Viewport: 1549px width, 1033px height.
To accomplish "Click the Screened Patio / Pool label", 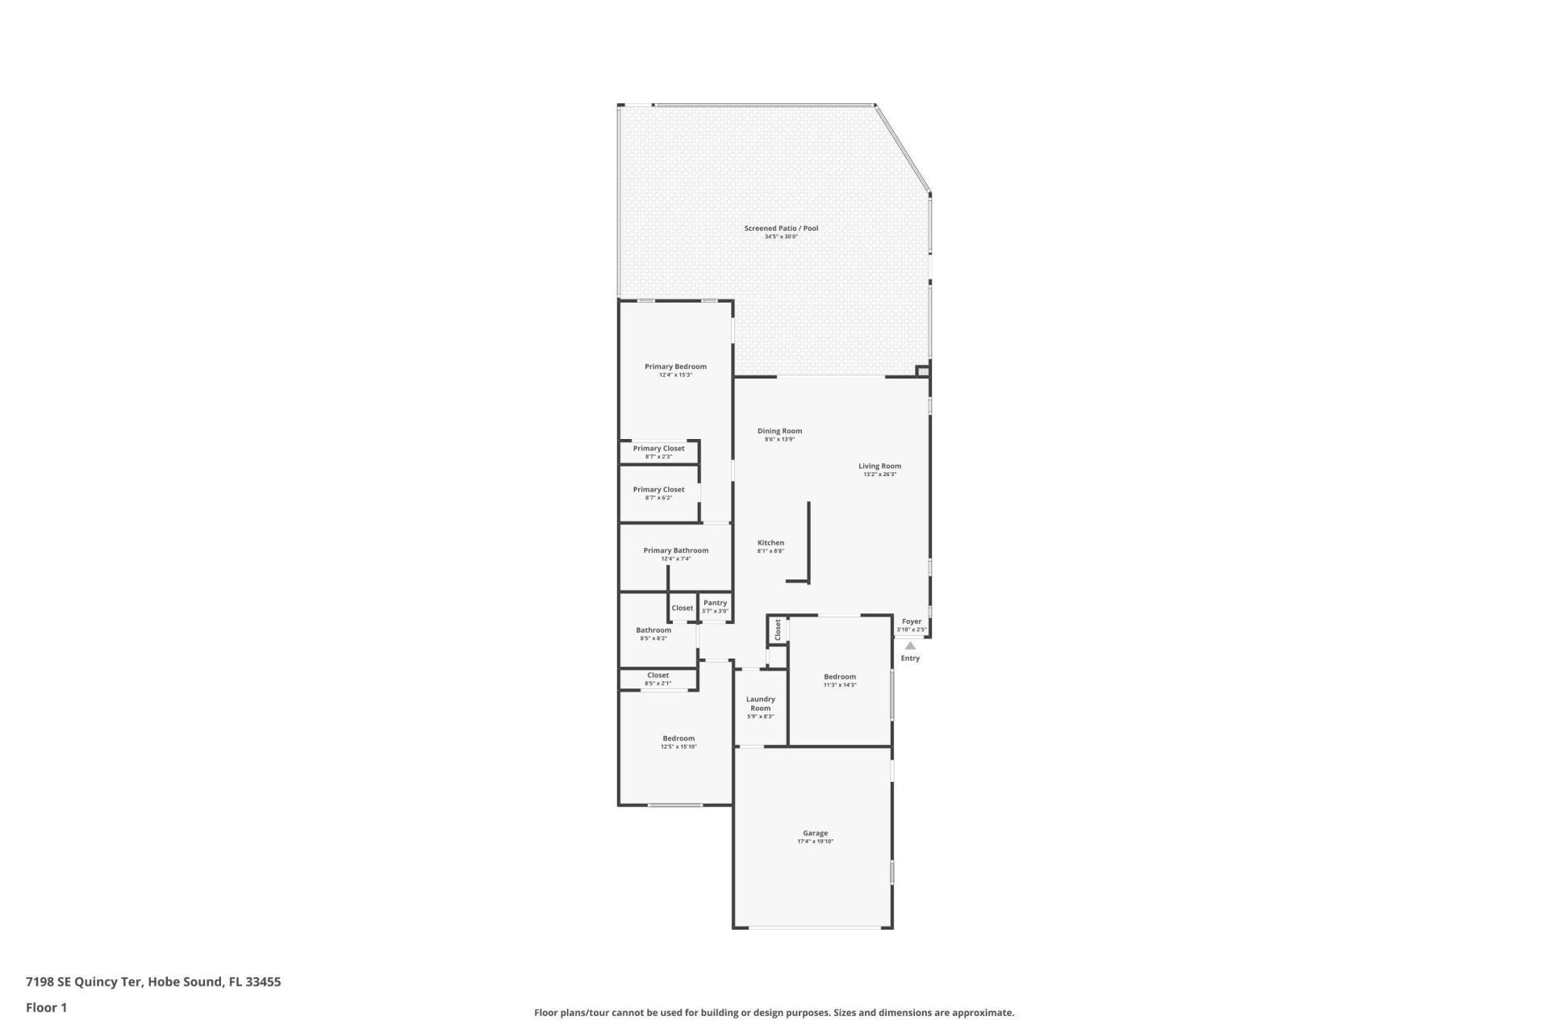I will click(780, 228).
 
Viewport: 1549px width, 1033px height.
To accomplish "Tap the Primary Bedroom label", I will click(675, 366).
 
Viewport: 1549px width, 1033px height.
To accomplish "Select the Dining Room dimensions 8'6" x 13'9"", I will click(779, 440).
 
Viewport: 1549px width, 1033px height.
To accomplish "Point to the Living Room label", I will click(879, 466).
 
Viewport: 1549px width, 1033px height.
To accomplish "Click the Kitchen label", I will click(770, 542).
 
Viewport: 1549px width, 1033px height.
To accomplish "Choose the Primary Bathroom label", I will click(675, 550).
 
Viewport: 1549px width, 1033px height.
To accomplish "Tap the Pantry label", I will click(715, 603).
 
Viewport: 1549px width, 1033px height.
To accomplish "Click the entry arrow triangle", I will click(910, 645).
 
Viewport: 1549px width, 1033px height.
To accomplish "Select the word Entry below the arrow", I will click(910, 659).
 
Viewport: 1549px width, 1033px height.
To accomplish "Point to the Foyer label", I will click(912, 621).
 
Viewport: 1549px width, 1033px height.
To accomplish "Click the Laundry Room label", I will click(760, 704).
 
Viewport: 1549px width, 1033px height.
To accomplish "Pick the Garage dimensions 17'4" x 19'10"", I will click(815, 842).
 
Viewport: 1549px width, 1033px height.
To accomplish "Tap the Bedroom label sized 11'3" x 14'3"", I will click(839, 676).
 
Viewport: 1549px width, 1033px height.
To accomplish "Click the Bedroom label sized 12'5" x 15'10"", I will click(678, 738).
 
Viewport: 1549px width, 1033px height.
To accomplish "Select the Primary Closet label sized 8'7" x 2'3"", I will click(658, 449).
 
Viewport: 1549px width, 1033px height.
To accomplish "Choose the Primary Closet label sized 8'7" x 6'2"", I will click(658, 489).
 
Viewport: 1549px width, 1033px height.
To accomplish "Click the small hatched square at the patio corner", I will click(923, 371).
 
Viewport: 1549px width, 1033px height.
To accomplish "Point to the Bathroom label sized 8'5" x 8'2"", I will click(653, 630).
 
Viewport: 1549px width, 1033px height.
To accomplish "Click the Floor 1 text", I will click(46, 1007).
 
